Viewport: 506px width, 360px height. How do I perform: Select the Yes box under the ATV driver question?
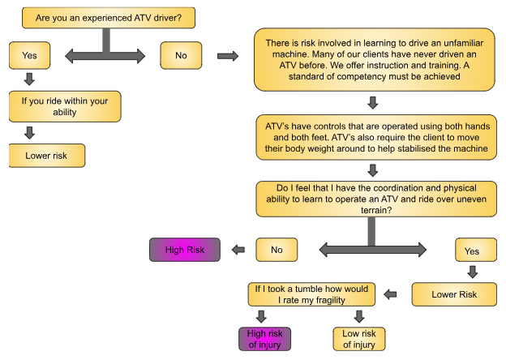(30, 56)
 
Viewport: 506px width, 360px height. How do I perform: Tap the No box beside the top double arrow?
(181, 55)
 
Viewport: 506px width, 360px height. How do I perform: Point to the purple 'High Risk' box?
(185, 250)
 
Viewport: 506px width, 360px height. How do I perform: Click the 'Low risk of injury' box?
(359, 338)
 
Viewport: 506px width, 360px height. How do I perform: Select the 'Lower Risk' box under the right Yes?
(456, 294)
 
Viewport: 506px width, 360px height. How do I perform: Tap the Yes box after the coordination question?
(472, 251)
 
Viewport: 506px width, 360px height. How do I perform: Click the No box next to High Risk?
(277, 250)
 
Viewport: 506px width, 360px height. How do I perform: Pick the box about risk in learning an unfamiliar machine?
(374, 60)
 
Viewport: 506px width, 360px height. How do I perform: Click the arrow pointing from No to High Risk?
(238, 250)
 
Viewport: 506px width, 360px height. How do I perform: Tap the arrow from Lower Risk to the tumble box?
(390, 294)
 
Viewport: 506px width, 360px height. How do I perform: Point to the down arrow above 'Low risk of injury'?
(359, 316)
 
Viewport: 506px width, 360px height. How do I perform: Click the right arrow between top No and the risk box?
(229, 56)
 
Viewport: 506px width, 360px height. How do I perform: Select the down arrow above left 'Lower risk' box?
(30, 132)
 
